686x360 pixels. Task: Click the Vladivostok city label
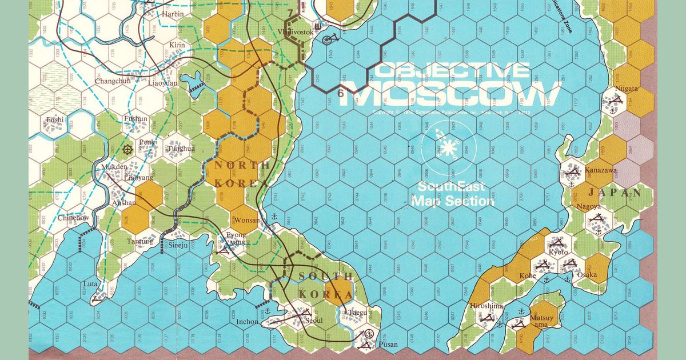coord(295,32)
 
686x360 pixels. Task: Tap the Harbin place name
coord(173,13)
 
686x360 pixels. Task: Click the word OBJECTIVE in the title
coord(452,71)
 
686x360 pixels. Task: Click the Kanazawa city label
coord(601,170)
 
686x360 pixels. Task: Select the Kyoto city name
coord(557,252)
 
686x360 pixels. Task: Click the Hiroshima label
coord(486,306)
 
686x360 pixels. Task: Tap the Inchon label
coord(247,321)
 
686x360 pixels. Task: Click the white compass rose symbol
coord(448,146)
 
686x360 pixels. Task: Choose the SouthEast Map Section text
coord(453,194)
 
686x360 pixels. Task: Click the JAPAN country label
coord(620,193)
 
